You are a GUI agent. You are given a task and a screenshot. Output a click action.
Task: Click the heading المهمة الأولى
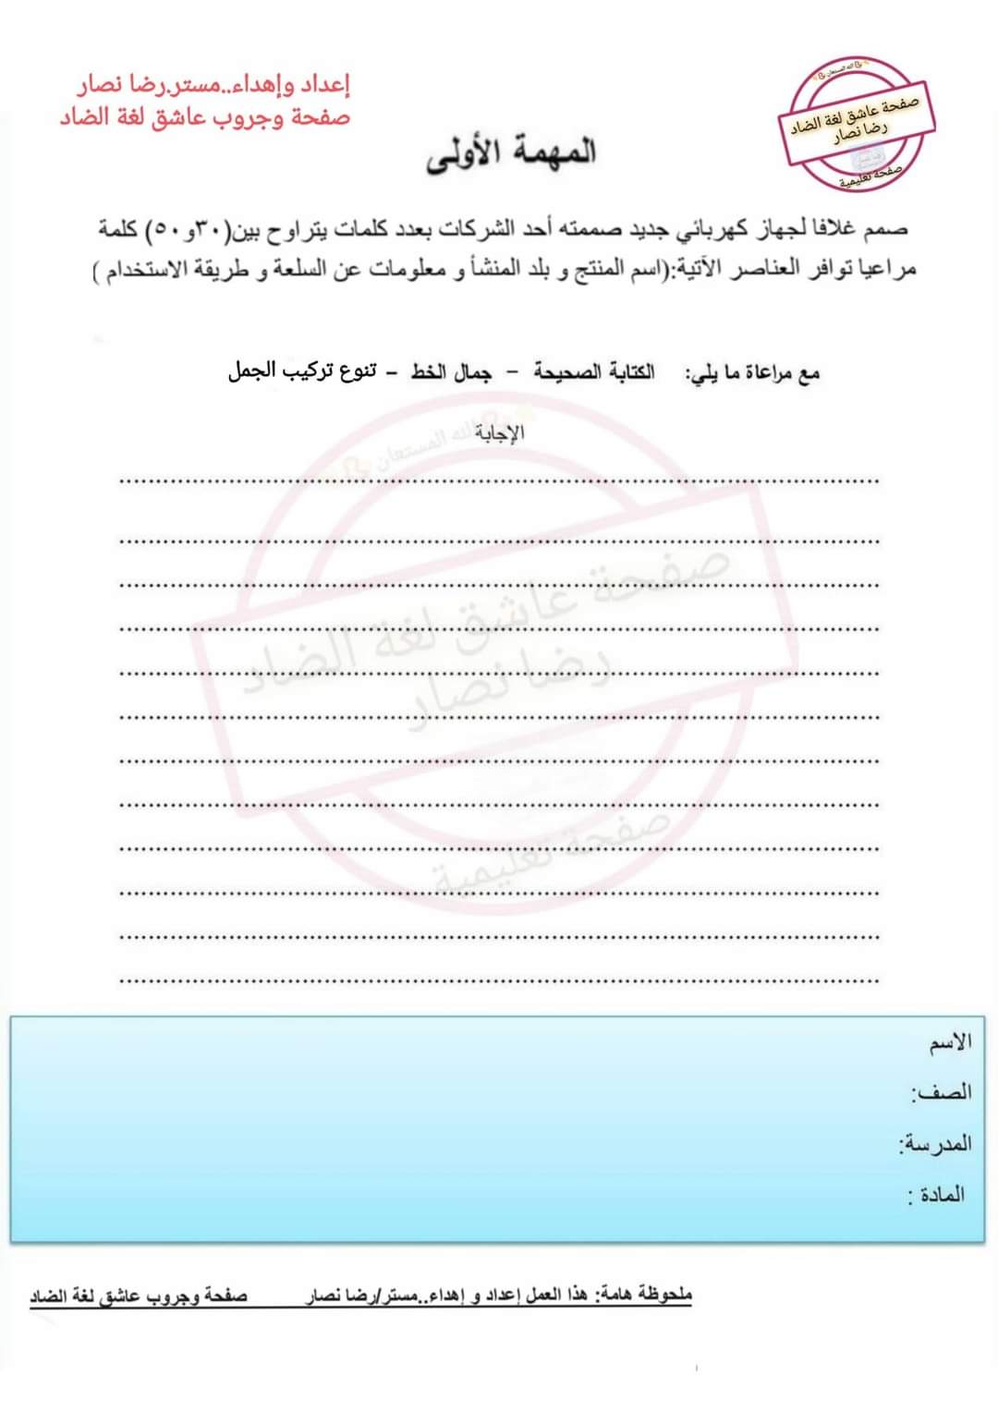[x=511, y=153]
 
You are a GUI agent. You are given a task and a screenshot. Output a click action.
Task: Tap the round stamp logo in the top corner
[x=858, y=124]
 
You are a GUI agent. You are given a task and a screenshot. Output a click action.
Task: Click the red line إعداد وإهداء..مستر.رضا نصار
[x=213, y=86]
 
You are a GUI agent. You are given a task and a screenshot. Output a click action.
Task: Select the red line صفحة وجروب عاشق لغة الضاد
[x=205, y=118]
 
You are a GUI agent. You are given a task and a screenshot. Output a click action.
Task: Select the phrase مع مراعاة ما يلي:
[x=752, y=373]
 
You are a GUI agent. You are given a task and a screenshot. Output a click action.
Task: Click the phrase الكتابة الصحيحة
[x=594, y=372]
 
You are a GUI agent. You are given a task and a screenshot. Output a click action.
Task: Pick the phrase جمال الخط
[x=452, y=372]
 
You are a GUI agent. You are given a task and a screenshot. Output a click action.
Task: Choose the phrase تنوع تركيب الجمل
[x=302, y=371]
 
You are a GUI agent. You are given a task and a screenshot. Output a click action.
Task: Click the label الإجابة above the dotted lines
[x=500, y=432]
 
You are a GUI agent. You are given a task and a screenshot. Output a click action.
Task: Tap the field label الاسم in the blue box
[x=951, y=1042]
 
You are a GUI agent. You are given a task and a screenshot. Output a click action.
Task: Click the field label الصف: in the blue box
[x=943, y=1092]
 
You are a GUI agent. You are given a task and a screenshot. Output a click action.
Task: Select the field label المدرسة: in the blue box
[x=935, y=1144]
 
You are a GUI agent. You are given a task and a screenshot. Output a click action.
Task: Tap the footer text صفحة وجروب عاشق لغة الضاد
[x=139, y=1296]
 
